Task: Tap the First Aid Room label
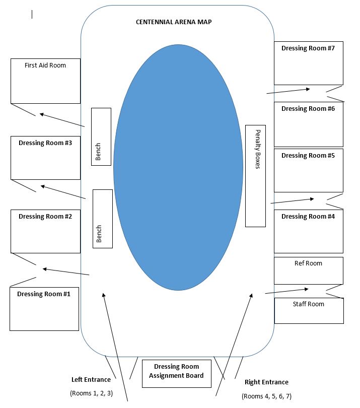click(45, 65)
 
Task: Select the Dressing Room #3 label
click(45, 143)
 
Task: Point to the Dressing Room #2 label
click(45, 217)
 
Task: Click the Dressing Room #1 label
click(44, 294)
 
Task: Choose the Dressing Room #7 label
click(308, 48)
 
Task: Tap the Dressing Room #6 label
click(308, 109)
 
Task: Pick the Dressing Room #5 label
click(308, 156)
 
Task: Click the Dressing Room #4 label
click(308, 217)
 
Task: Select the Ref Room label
click(308, 263)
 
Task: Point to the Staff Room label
click(309, 304)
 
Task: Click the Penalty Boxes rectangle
click(255, 175)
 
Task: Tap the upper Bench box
click(101, 136)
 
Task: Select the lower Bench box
click(103, 219)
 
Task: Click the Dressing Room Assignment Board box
click(176, 373)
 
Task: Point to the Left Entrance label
click(91, 379)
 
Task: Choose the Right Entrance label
click(266, 382)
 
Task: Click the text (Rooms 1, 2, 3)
click(91, 393)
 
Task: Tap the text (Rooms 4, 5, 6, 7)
click(266, 396)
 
